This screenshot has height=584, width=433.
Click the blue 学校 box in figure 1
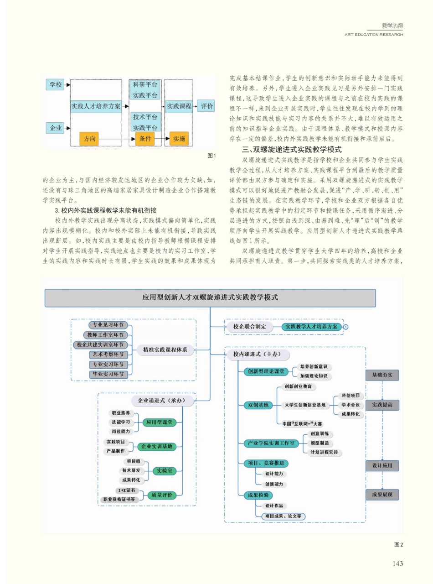(x=55, y=84)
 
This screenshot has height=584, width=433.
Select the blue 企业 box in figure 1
(x=55, y=128)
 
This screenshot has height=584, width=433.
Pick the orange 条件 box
(x=145, y=138)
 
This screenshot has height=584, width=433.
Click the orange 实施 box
(x=179, y=138)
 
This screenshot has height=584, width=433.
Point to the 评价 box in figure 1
(x=206, y=106)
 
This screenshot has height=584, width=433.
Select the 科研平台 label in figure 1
(x=145, y=85)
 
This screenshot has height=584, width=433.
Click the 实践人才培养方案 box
(x=96, y=106)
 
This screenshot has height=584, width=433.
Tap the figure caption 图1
(x=211, y=156)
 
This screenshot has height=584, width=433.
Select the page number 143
(x=397, y=563)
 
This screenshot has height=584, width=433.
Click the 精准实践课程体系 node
(x=166, y=350)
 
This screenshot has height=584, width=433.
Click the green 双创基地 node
(x=258, y=405)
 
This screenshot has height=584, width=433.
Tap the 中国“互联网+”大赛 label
(x=302, y=423)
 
